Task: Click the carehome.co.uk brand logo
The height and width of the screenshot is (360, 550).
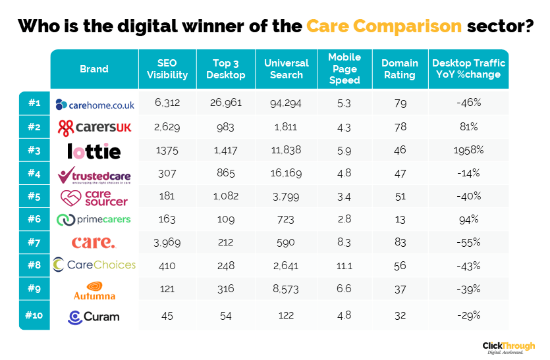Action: (x=95, y=104)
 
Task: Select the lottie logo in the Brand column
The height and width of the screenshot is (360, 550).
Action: (x=94, y=151)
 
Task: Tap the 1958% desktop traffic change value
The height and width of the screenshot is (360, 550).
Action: (x=469, y=150)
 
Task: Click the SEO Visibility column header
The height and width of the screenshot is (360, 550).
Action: (x=167, y=69)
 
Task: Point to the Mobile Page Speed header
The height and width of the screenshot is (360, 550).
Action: (x=344, y=69)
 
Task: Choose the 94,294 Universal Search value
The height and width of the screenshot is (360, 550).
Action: (x=286, y=103)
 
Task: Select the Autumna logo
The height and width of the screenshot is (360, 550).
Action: (x=94, y=290)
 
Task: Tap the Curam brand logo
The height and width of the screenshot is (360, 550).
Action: (x=94, y=317)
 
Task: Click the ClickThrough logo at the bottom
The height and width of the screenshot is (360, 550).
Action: (x=509, y=347)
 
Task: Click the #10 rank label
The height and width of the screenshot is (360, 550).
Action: (x=34, y=316)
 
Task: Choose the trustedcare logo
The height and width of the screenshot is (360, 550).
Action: (x=94, y=175)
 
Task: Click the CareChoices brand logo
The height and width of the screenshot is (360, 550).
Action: (x=94, y=265)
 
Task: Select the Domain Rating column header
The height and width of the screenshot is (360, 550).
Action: (x=399, y=69)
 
